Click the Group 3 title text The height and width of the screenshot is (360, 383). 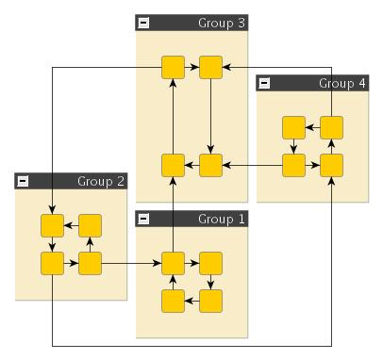pyautogui.click(x=223, y=23)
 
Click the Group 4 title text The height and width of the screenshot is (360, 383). pyautogui.click(x=342, y=83)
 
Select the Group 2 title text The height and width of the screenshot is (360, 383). pyautogui.click(x=102, y=181)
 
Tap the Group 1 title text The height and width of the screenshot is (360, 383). pyautogui.click(x=223, y=219)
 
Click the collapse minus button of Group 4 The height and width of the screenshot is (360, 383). pyautogui.click(x=264, y=83)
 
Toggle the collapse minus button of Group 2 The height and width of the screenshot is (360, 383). pyautogui.click(x=23, y=181)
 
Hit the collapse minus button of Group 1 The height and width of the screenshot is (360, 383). pyautogui.click(x=143, y=219)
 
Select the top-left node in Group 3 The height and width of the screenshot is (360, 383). pyautogui.click(x=173, y=67)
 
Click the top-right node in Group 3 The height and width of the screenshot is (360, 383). pyautogui.click(x=210, y=67)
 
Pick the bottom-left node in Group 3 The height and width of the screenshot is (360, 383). pyautogui.click(x=173, y=165)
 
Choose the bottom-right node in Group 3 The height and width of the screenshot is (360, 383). pyautogui.click(x=210, y=165)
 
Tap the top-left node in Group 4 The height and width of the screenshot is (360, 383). pyautogui.click(x=293, y=127)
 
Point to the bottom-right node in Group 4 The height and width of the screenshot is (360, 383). pyautogui.click(x=331, y=165)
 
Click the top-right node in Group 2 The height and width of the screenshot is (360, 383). pyautogui.click(x=90, y=225)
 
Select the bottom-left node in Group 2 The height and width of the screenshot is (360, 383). pyautogui.click(x=52, y=263)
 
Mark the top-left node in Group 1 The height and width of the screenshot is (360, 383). pyautogui.click(x=173, y=263)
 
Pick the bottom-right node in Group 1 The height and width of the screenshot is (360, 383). pyautogui.click(x=210, y=301)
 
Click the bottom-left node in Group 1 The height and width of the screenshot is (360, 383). pyautogui.click(x=173, y=301)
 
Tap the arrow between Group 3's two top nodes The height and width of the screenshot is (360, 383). pyautogui.click(x=191, y=67)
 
